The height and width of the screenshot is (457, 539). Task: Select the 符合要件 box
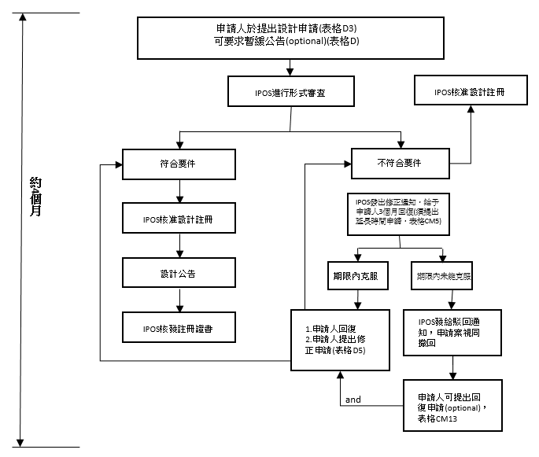click(180, 164)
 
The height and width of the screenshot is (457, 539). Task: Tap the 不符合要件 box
click(401, 164)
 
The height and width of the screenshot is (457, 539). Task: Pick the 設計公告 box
click(180, 275)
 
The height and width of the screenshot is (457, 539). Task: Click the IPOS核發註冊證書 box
click(180, 328)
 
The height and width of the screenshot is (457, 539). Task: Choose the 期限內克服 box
click(359, 276)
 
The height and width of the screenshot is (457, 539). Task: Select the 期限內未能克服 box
click(445, 277)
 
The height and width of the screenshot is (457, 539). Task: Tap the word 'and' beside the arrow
click(353, 400)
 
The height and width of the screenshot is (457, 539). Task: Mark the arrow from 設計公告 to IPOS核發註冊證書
click(180, 301)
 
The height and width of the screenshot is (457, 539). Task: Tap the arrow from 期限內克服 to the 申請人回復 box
click(359, 300)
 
